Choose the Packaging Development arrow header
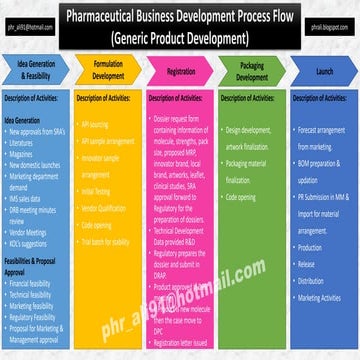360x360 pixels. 251,71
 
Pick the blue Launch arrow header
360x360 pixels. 324,71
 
